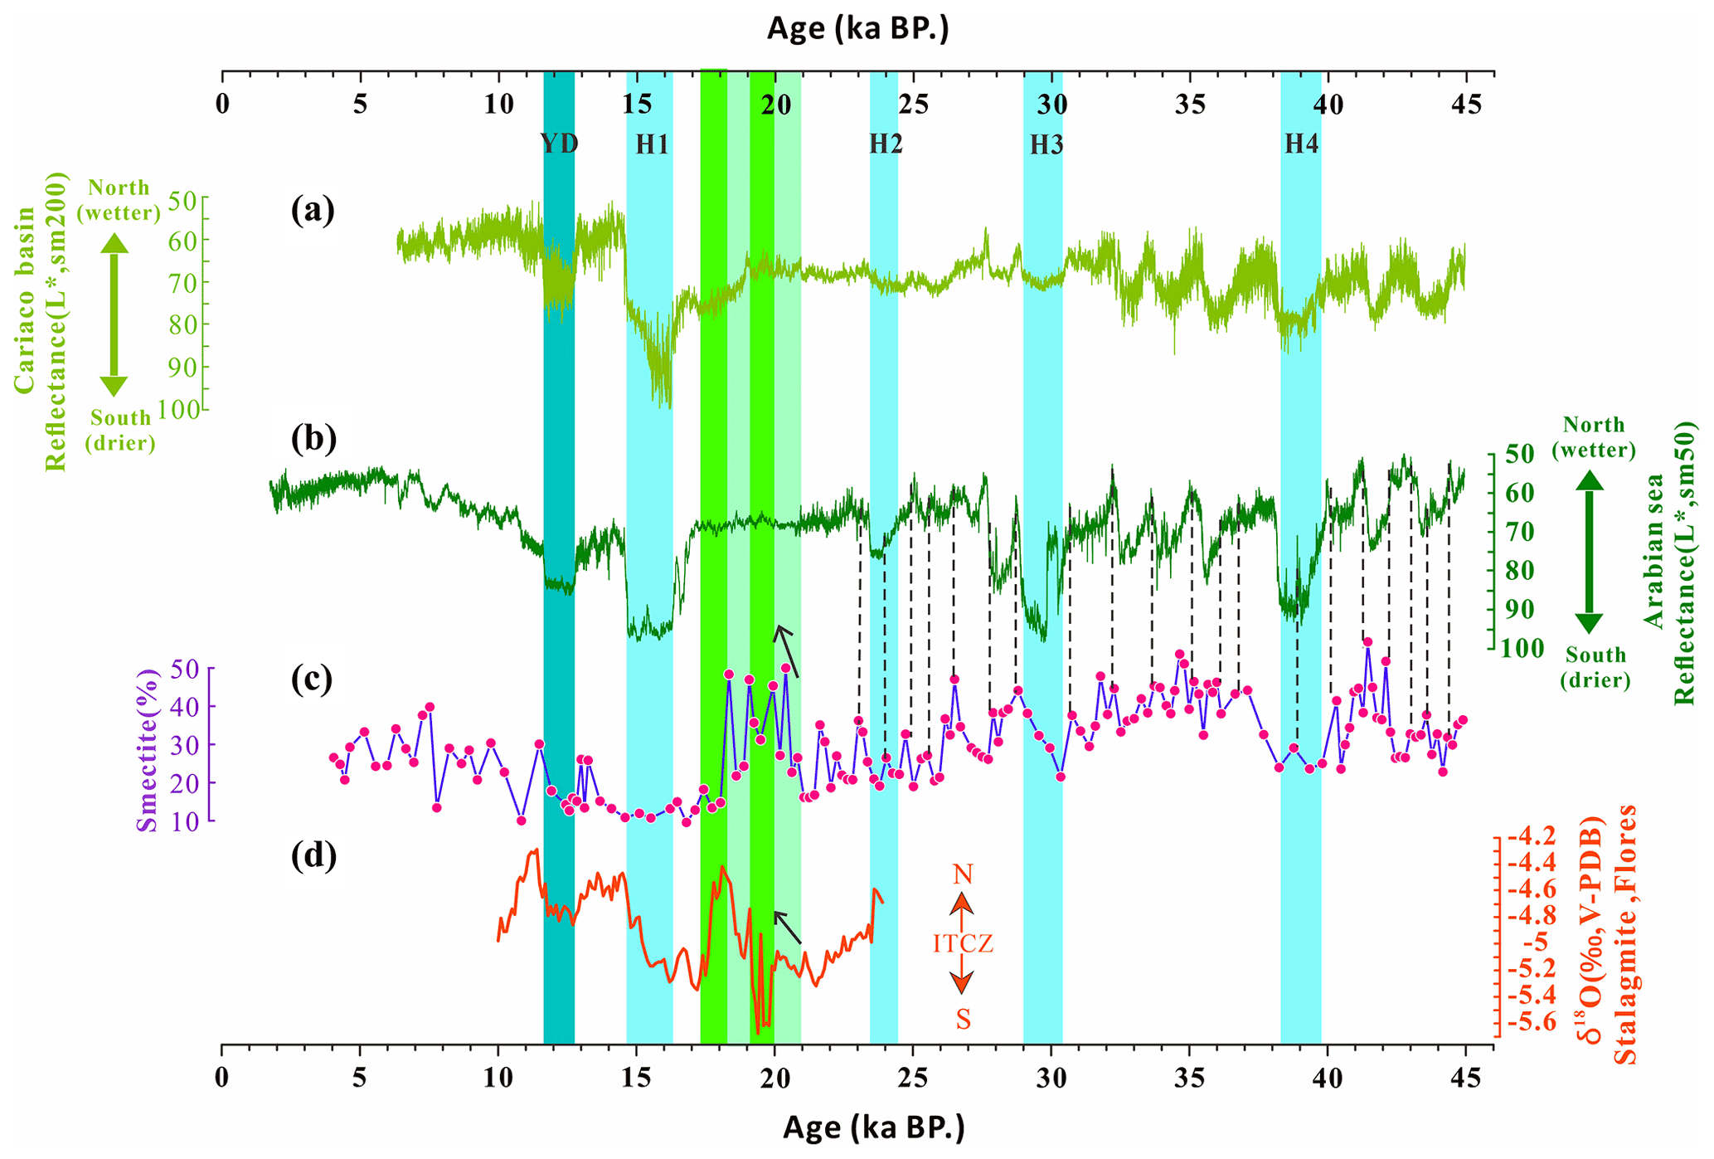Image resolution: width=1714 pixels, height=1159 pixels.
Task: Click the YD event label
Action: (x=559, y=144)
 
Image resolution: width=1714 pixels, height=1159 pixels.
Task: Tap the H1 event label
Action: (x=652, y=145)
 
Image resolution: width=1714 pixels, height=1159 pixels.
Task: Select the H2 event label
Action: (x=886, y=144)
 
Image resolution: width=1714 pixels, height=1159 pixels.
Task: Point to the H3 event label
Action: (x=1046, y=145)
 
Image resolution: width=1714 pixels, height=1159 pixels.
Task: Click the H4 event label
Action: (x=1301, y=144)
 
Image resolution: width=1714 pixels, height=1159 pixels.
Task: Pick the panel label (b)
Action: (x=313, y=440)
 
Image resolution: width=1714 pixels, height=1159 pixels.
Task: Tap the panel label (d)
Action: (x=313, y=855)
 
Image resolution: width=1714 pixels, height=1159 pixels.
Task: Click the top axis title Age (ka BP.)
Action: (x=857, y=29)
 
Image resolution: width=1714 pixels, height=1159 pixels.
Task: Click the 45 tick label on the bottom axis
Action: (x=1465, y=1080)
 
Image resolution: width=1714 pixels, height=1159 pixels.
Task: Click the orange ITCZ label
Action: (x=962, y=944)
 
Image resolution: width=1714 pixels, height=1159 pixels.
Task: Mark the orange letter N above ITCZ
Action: (x=962, y=874)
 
